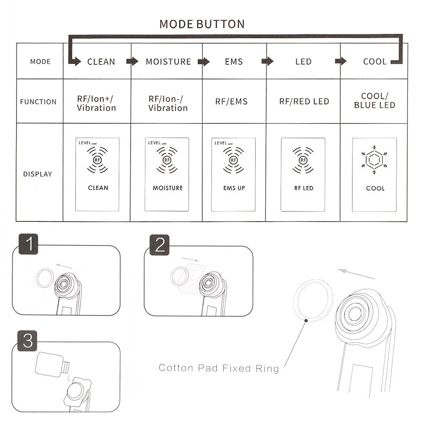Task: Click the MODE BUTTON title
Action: click(x=202, y=24)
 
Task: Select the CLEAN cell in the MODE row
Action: click(x=101, y=62)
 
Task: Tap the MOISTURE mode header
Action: click(x=168, y=62)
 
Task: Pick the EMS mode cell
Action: click(x=234, y=62)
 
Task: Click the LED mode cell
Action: click(x=303, y=62)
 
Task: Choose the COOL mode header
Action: click(x=375, y=62)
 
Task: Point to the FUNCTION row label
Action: click(x=38, y=102)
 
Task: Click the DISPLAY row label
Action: click(x=38, y=174)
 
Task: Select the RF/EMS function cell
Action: click(x=231, y=102)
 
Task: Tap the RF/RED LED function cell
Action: click(x=304, y=102)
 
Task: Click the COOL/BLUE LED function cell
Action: click(x=375, y=101)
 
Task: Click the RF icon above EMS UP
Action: click(x=233, y=160)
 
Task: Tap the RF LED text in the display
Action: click(x=303, y=188)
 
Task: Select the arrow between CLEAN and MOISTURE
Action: click(x=133, y=61)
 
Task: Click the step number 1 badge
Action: click(x=28, y=245)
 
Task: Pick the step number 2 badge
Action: click(x=159, y=245)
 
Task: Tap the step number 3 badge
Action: click(x=28, y=341)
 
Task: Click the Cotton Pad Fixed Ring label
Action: click(x=219, y=368)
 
